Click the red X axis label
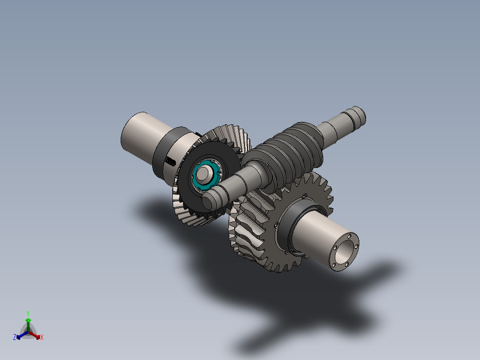[x=42, y=338]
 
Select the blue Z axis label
[x=15, y=338]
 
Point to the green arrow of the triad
[x=28, y=322]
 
